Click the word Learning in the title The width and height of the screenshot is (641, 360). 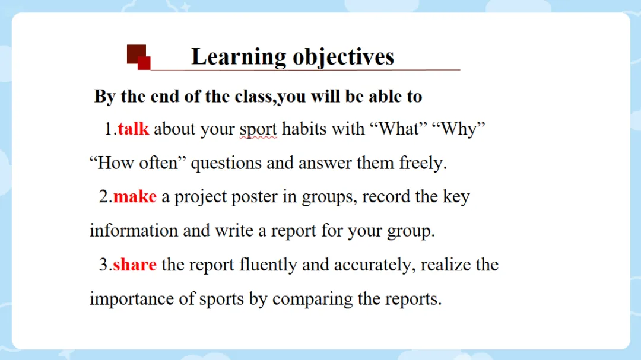[x=239, y=57]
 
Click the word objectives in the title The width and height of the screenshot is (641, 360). [x=344, y=57]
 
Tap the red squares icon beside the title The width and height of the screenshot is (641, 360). [x=138, y=57]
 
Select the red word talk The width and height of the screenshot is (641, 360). [x=134, y=129]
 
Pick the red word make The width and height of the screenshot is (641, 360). [x=135, y=197]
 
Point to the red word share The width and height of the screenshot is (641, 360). [x=135, y=265]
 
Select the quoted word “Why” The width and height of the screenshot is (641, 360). [x=458, y=129]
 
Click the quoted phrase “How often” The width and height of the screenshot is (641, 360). [x=138, y=163]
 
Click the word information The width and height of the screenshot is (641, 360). [x=134, y=231]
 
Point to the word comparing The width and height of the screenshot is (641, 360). [x=312, y=300]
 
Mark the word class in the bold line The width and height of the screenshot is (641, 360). [x=253, y=97]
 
